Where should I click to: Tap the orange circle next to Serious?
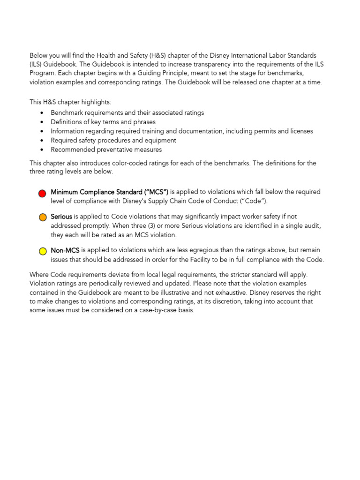click(x=43, y=217)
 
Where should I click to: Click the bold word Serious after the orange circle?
click(x=61, y=217)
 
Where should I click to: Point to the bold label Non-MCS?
click(x=65, y=250)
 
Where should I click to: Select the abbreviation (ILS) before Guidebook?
click(x=38, y=64)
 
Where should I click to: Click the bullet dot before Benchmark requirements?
click(x=42, y=113)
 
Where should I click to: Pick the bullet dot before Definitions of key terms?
click(x=42, y=122)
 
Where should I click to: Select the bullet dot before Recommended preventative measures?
click(x=42, y=150)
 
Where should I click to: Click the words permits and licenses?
click(x=285, y=131)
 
